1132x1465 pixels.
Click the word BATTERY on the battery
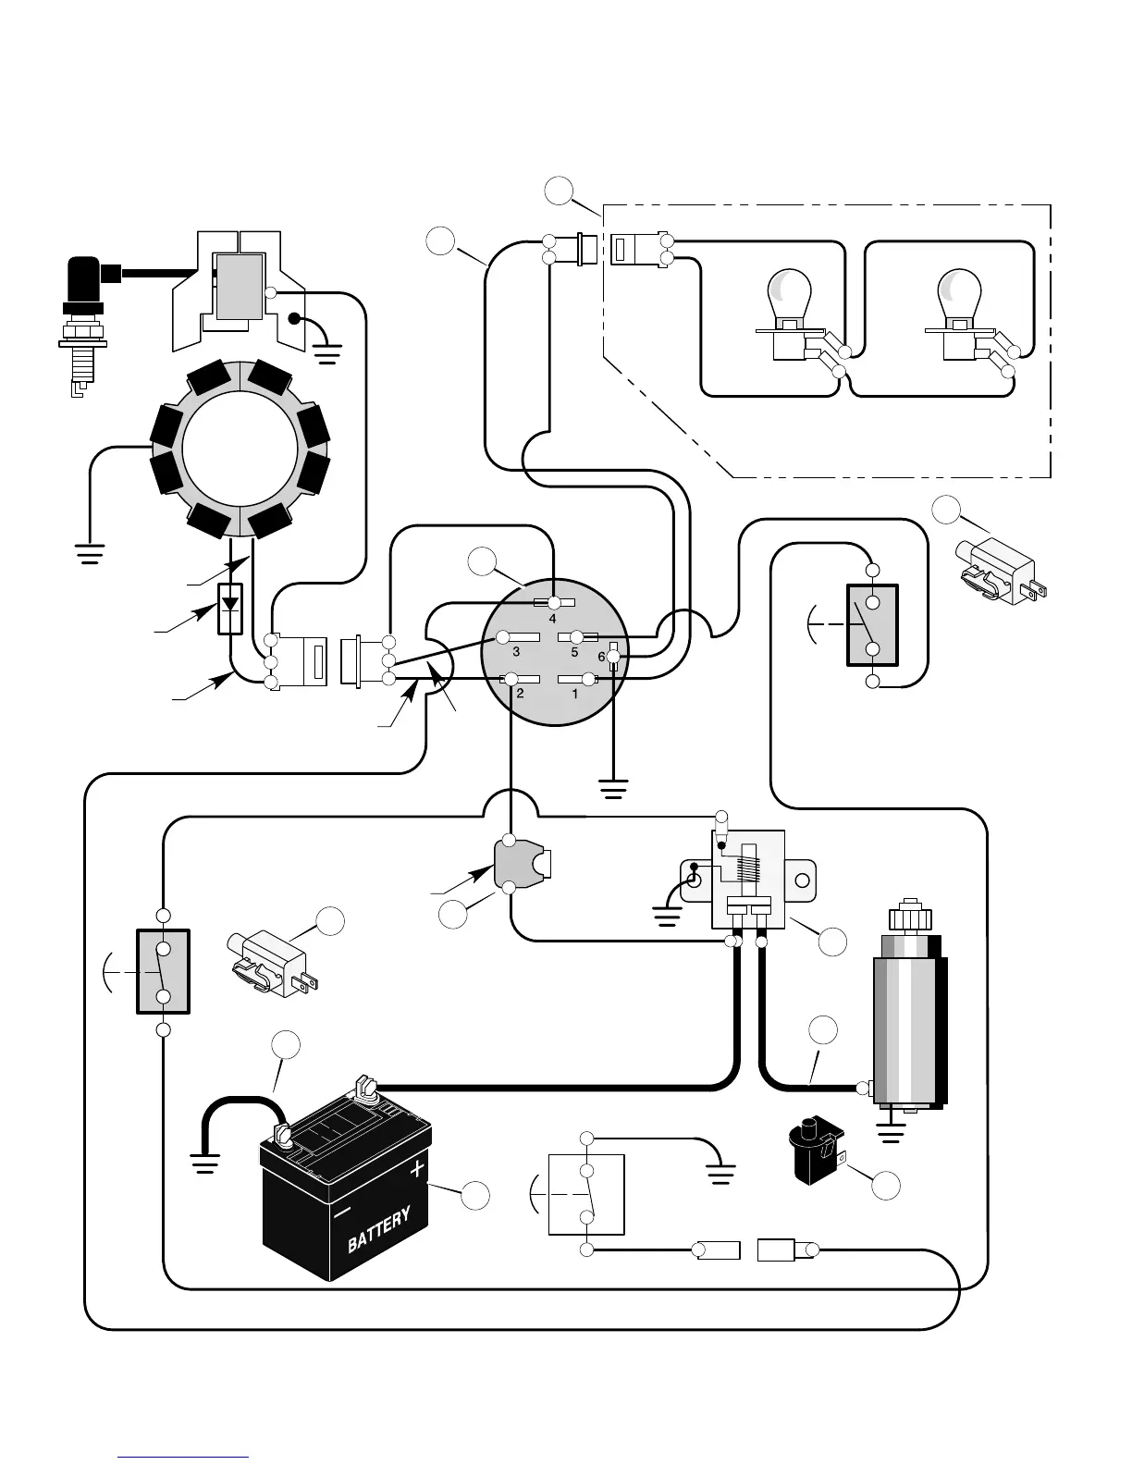379,1230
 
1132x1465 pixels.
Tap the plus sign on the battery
417,1168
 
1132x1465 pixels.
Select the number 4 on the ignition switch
553,619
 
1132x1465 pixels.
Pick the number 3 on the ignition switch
516,652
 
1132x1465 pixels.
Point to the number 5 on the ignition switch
574,652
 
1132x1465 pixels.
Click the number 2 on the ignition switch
520,693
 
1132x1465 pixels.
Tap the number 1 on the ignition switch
574,693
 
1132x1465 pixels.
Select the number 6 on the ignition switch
601,657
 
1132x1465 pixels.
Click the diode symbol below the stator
230,609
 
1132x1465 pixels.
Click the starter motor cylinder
910,1015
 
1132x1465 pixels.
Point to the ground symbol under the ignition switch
613,789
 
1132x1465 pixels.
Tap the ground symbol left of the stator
90,553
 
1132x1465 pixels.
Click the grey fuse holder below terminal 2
523,864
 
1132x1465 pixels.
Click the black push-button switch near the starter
816,1150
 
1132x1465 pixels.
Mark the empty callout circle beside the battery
475,1195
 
